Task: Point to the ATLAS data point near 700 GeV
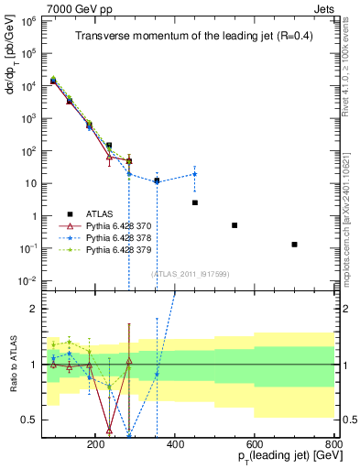pyautogui.click(x=294, y=245)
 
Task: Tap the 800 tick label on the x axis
pyautogui.click(x=333, y=444)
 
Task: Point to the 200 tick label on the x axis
pyautogui.click(x=96, y=444)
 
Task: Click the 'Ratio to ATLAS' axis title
pyautogui.click(x=12, y=365)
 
